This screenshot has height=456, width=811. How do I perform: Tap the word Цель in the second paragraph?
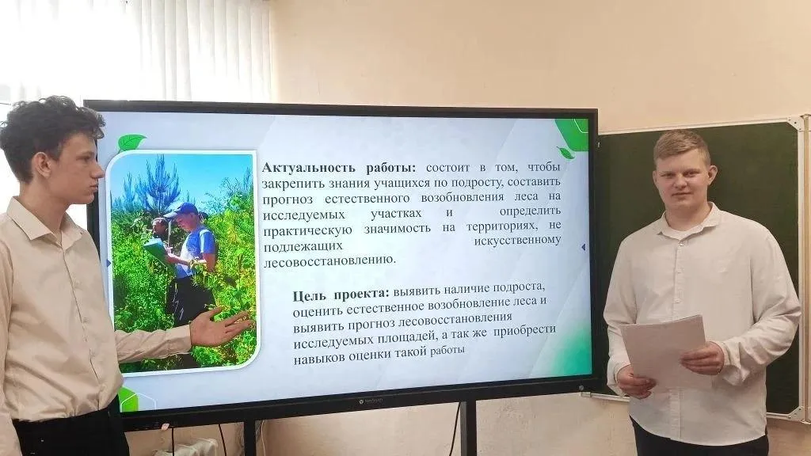pyautogui.click(x=310, y=296)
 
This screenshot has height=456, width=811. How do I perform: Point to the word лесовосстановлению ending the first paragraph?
pyautogui.click(x=329, y=260)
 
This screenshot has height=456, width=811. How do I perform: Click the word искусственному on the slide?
pyautogui.click(x=517, y=241)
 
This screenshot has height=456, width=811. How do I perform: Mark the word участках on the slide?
pyautogui.click(x=396, y=213)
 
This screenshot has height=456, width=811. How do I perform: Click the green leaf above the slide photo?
pyautogui.click(x=131, y=142)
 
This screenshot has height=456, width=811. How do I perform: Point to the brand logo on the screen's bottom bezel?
pyautogui.click(x=371, y=401)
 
